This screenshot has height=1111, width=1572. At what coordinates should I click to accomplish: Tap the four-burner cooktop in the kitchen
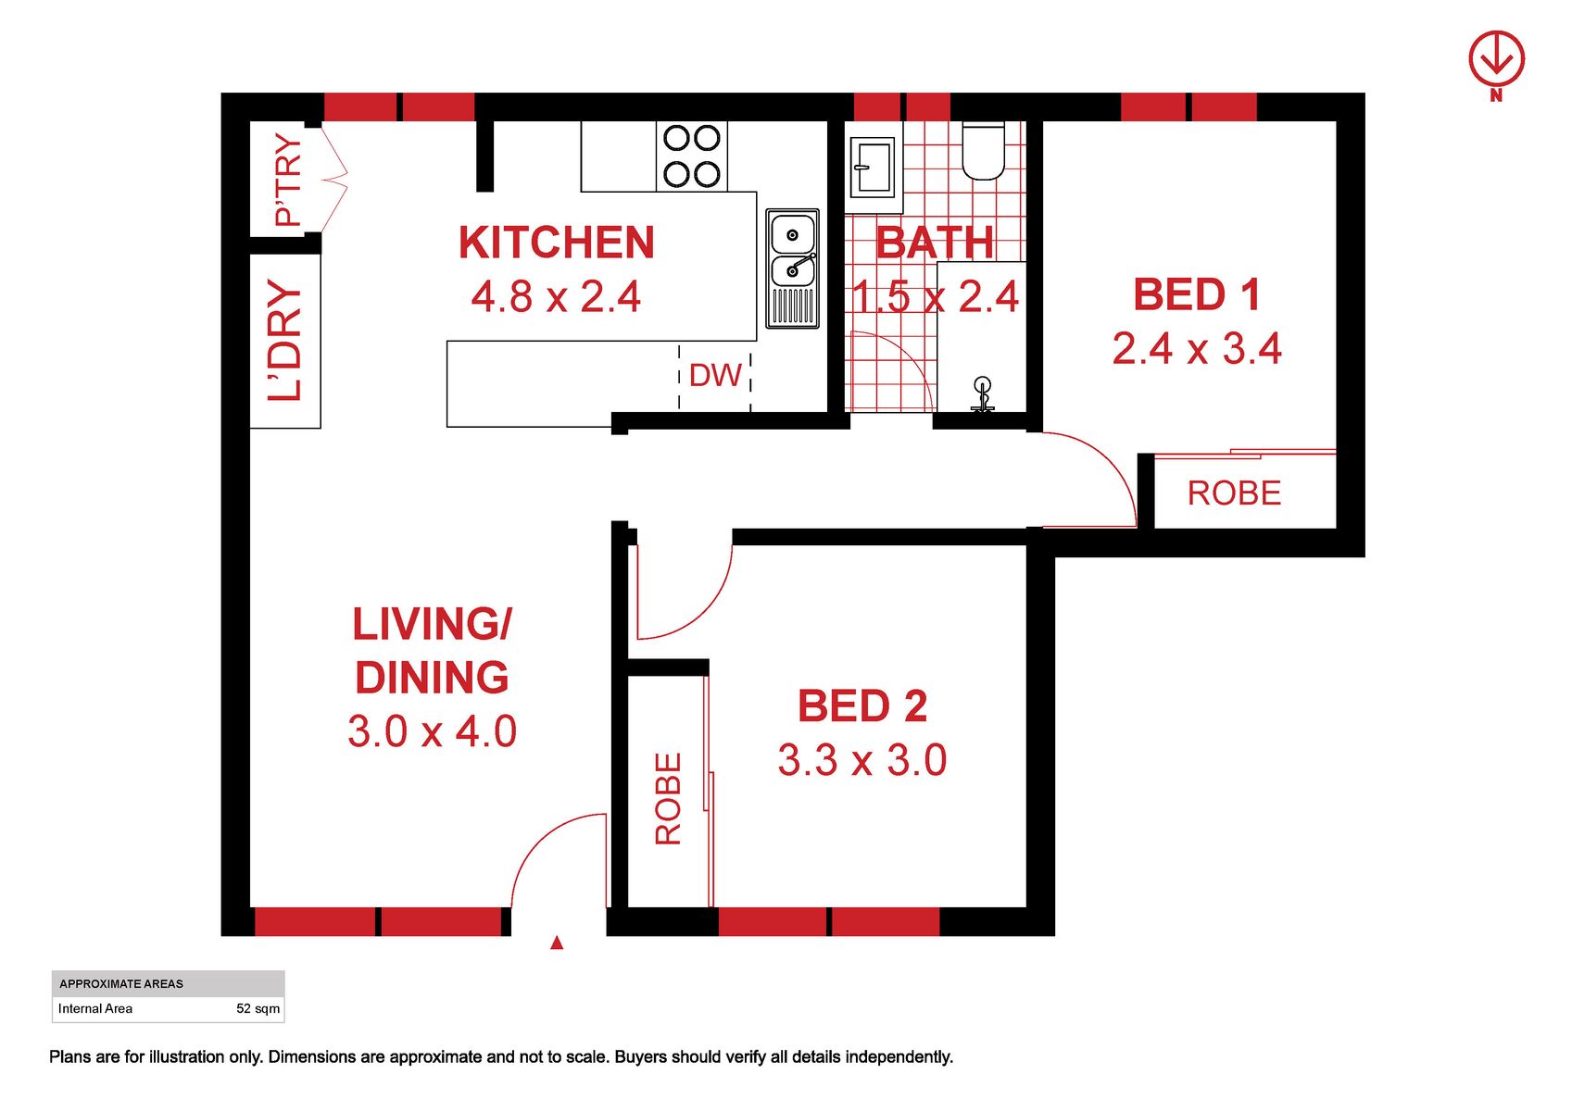click(692, 156)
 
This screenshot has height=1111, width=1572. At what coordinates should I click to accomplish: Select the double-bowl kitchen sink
click(792, 268)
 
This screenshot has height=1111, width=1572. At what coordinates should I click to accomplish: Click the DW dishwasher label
click(715, 376)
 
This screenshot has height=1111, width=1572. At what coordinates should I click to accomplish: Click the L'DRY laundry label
click(285, 341)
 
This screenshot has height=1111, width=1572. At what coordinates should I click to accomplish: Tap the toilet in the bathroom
click(983, 151)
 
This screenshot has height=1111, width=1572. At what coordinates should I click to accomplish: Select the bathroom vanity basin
click(873, 168)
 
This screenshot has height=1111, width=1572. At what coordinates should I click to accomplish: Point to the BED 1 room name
click(1197, 293)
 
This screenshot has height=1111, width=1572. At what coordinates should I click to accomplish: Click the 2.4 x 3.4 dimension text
click(1197, 349)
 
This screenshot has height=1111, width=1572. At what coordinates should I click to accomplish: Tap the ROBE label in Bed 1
click(1234, 493)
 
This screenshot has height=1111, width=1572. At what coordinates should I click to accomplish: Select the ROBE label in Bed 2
click(668, 798)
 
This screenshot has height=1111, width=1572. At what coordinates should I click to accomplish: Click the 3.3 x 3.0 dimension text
click(861, 760)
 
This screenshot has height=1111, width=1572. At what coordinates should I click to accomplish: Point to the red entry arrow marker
click(557, 942)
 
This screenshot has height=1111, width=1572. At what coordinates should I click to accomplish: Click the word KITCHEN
click(557, 243)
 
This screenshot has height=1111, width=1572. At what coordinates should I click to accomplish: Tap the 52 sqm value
click(258, 1008)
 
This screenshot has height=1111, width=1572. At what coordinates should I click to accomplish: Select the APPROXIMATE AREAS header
click(121, 984)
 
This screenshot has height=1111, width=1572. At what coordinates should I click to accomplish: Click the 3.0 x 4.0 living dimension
click(432, 731)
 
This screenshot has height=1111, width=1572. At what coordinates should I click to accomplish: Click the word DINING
click(432, 678)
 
